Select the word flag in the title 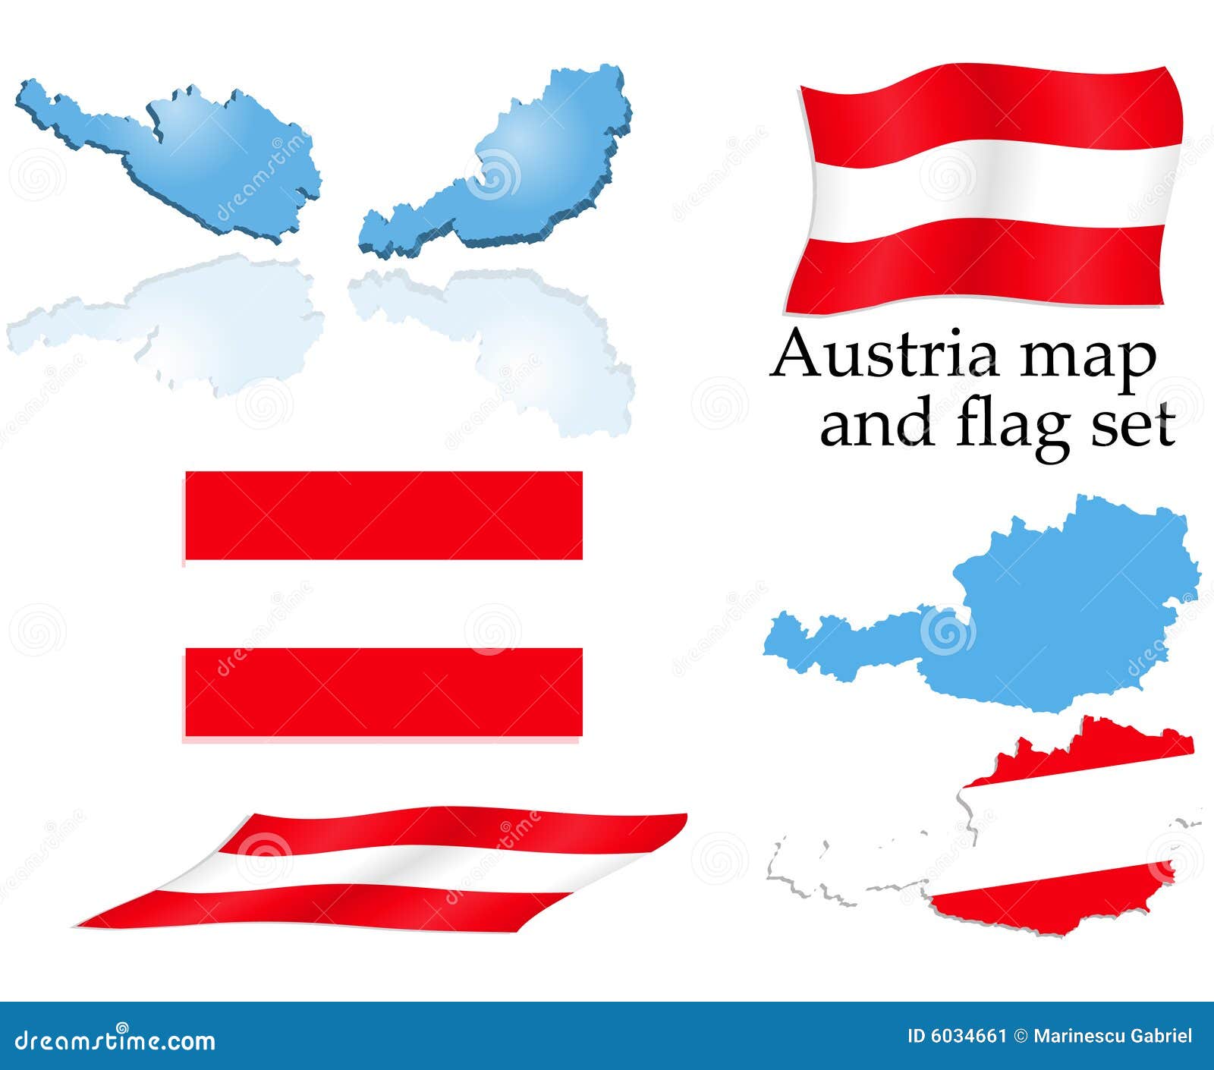click(1009, 426)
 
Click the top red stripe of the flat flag click(383, 515)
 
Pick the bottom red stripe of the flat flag click(383, 691)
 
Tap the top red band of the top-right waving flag click(986, 106)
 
